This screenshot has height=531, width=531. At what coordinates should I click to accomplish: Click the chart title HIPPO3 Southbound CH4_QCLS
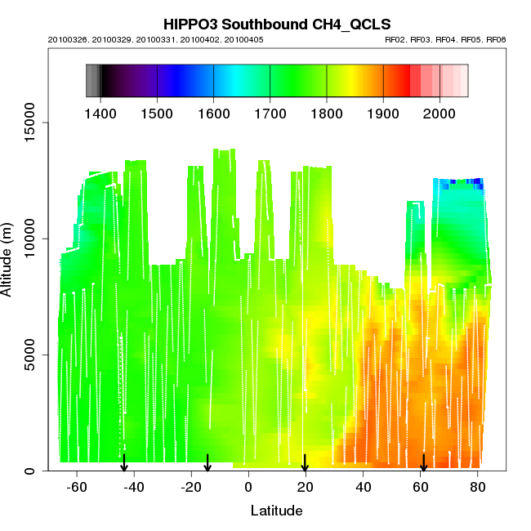(265, 24)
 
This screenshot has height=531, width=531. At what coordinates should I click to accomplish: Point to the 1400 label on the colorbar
(100, 112)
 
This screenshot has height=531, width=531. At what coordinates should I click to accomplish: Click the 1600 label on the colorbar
(213, 112)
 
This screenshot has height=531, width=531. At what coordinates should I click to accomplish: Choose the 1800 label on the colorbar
(327, 112)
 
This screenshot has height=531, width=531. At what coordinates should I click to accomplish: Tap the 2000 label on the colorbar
(440, 112)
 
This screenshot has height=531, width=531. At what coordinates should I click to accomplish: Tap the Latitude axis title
(276, 511)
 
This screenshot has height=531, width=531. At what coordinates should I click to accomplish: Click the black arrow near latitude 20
(305, 463)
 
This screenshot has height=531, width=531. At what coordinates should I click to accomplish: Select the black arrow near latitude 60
(423, 463)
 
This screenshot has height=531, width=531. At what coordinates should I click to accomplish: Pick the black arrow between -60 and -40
(124, 463)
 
